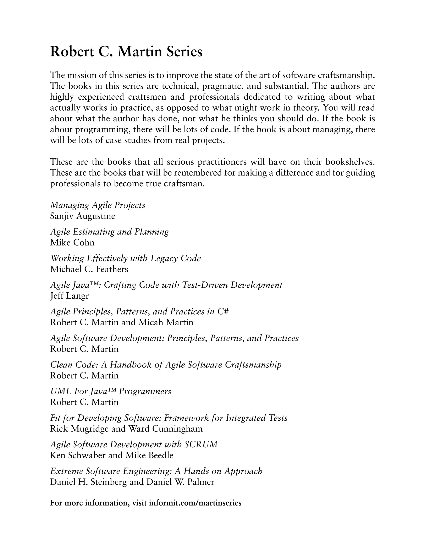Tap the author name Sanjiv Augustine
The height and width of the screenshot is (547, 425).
[x=83, y=216]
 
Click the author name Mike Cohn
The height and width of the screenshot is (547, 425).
[x=72, y=242]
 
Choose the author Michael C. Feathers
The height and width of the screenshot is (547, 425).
[x=89, y=269]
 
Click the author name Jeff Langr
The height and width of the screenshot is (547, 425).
[x=69, y=296]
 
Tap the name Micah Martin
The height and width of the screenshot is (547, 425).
[x=166, y=322]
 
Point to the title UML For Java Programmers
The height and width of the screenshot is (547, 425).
[x=111, y=391]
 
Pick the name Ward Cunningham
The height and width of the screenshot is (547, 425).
[x=165, y=429]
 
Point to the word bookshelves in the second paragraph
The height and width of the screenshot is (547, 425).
[x=350, y=162]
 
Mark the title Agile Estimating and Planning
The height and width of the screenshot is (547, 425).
[x=109, y=232]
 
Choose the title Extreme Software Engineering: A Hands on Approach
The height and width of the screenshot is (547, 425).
[x=156, y=471]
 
